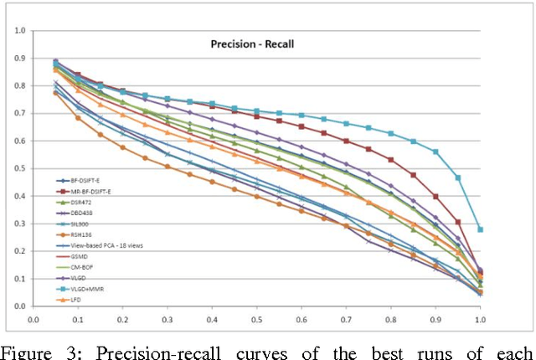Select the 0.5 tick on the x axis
256,318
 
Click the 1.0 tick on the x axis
480,318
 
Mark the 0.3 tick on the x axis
167,318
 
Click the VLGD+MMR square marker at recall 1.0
480,229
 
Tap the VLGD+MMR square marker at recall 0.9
435,152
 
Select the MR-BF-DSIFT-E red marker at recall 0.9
435,196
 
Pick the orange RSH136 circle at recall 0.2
122,147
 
